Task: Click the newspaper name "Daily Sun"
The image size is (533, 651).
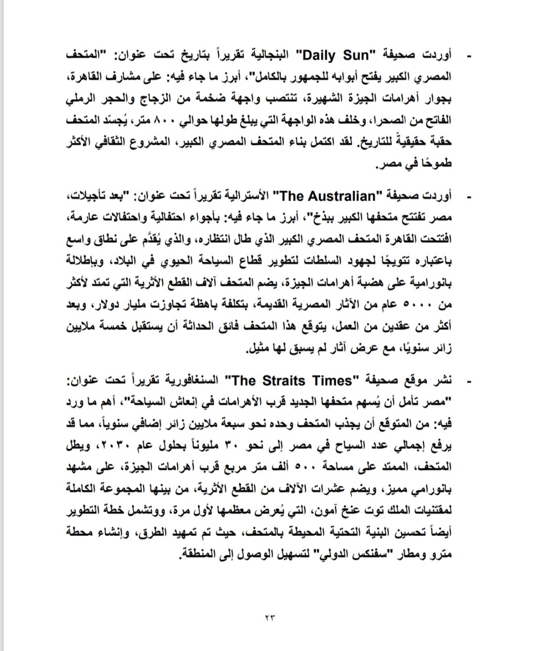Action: [335, 55]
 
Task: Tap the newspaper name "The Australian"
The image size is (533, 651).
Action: [328, 196]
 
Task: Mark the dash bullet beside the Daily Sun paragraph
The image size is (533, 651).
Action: [468, 56]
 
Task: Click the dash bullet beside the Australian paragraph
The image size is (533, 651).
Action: [468, 197]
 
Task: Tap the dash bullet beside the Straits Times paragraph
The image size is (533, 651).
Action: [468, 381]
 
